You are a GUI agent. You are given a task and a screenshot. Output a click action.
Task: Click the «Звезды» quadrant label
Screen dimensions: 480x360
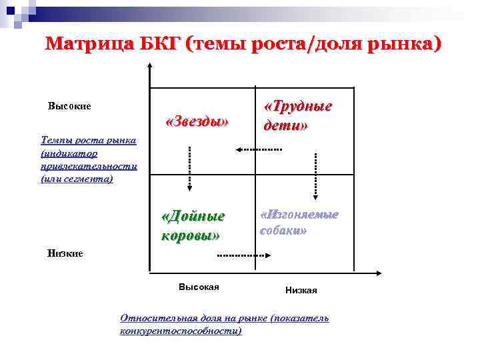click(197, 122)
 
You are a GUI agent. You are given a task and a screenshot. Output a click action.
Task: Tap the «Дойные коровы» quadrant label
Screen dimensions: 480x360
click(193, 225)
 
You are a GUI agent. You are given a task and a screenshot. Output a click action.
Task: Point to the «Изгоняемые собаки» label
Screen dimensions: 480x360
click(299, 222)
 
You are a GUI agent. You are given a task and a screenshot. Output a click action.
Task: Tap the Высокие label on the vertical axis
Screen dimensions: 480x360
click(69, 106)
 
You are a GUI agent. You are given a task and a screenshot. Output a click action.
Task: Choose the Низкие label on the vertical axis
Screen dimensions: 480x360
click(65, 253)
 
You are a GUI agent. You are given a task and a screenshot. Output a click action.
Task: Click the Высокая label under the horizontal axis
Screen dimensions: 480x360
click(199, 287)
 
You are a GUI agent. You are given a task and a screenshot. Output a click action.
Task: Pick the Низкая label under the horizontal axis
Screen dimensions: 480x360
click(301, 290)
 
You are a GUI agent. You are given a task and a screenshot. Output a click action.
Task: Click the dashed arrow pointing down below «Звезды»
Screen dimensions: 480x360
click(189, 169)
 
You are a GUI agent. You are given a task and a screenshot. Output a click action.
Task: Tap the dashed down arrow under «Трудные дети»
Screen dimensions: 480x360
click(316, 175)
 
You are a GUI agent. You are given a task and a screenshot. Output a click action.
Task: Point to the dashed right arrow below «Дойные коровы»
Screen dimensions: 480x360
click(243, 255)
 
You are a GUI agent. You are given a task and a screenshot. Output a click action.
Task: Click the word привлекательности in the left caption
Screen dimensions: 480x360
click(89, 167)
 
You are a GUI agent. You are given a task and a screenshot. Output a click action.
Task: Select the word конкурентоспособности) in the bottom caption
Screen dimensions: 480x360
click(181, 331)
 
